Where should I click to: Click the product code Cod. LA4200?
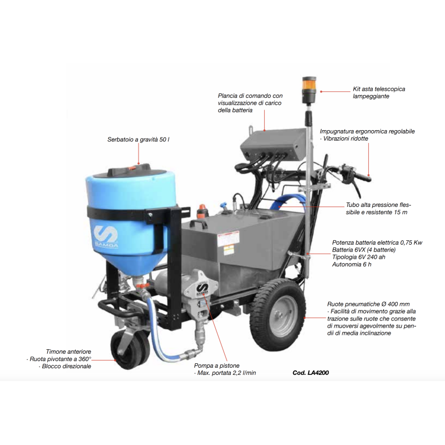tap(311, 373)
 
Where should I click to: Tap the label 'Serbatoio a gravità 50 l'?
tap(138, 140)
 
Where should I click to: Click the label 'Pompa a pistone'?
tap(216, 365)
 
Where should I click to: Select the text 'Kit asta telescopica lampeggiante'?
tap(379, 92)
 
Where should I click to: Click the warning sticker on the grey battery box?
tap(229, 242)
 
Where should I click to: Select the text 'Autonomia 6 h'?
tap(352, 265)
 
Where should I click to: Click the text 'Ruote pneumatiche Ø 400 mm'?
tap(368, 304)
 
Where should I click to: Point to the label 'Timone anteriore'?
tap(68, 352)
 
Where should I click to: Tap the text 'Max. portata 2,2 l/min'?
tap(226, 373)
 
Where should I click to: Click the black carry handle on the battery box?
tap(199, 224)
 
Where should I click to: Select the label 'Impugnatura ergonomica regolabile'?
tap(367, 131)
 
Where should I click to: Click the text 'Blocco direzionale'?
tap(66, 367)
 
